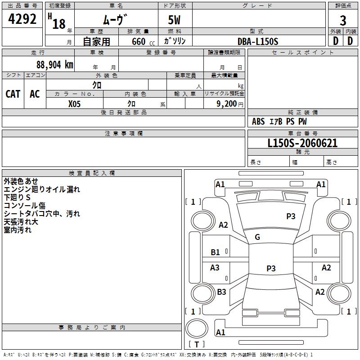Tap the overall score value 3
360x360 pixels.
tap(343, 21)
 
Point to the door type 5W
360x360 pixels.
tap(174, 21)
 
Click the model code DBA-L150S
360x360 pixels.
tap(258, 41)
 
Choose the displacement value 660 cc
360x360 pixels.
tap(139, 41)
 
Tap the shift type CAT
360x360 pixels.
tap(13, 94)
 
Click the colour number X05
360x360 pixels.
tap(75, 103)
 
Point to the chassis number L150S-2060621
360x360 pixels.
tap(296, 144)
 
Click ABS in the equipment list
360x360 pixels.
tap(258, 121)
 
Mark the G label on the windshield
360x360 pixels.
tap(257, 237)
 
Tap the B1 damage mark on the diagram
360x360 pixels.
tap(216, 252)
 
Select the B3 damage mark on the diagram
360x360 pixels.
tap(221, 292)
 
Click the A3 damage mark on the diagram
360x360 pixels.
tap(215, 268)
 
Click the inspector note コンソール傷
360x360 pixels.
tap(24, 206)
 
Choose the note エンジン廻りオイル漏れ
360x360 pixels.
tap(41, 189)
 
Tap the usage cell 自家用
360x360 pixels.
tap(96, 41)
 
